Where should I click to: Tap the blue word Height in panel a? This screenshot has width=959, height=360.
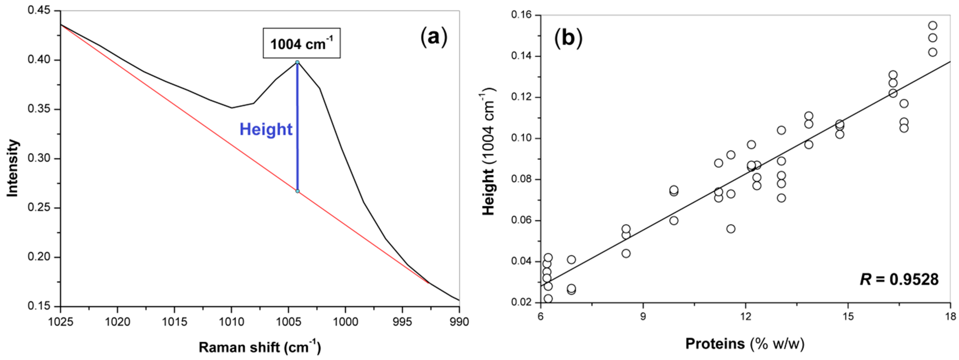pyautogui.click(x=266, y=129)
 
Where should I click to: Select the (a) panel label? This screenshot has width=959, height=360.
pyautogui.click(x=433, y=38)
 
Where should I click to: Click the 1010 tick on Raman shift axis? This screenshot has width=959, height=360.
pyautogui.click(x=231, y=321)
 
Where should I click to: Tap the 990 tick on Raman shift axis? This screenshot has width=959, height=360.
pyautogui.click(x=459, y=321)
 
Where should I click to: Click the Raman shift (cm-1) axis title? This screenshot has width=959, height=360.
pyautogui.click(x=260, y=347)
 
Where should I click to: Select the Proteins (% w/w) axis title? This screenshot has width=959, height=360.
pyautogui.click(x=745, y=343)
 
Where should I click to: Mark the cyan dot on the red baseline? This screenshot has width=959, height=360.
pyautogui.click(x=297, y=191)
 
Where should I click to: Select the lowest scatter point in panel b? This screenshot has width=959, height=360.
pyautogui.click(x=548, y=299)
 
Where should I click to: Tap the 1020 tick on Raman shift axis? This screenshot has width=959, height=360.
pyautogui.click(x=117, y=321)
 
